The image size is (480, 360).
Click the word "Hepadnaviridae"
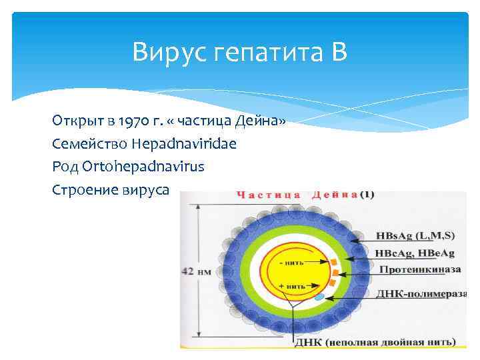pos(184,143)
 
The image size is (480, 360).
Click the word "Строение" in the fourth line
pos(85,189)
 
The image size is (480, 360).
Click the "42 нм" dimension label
pos(195,271)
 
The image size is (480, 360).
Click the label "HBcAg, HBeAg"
pos(414,253)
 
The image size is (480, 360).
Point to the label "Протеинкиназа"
pos(420,270)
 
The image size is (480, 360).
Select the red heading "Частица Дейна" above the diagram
pos(297,195)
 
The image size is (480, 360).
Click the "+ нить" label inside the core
pos(292,285)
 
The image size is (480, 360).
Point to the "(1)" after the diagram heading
pos(367,195)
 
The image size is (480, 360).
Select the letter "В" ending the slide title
pos(339,52)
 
